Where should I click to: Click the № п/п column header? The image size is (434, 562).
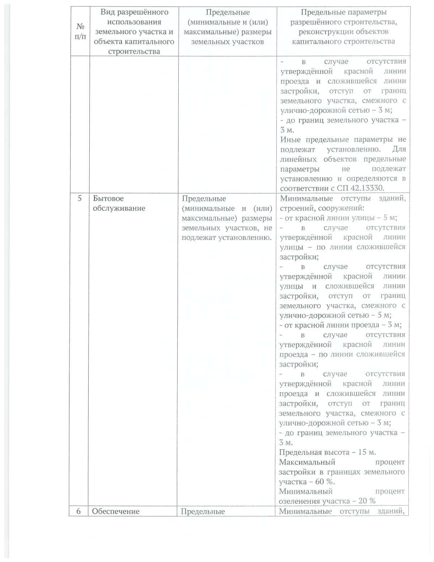point(78,32)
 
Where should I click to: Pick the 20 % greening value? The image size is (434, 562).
point(366,501)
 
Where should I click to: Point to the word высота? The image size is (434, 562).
point(329,452)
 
